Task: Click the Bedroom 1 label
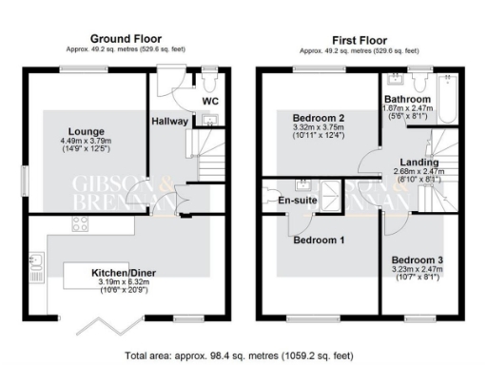[x=318, y=240]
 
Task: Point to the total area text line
[x=243, y=356]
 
